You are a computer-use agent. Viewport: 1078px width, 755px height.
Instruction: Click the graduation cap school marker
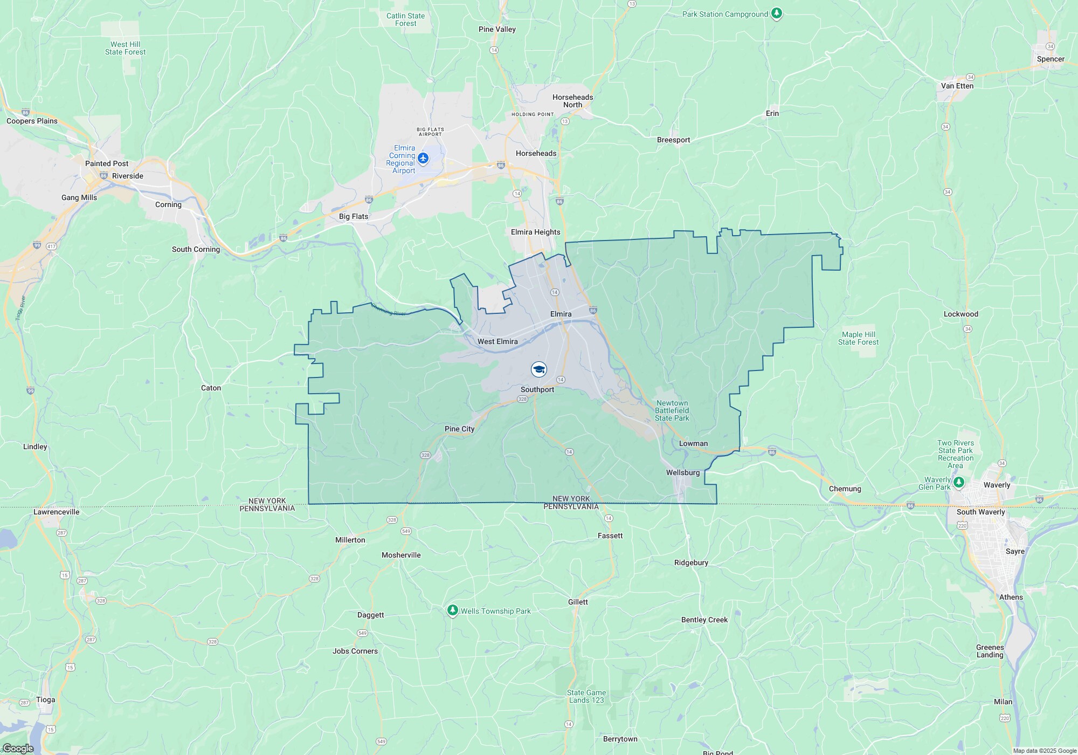point(538,369)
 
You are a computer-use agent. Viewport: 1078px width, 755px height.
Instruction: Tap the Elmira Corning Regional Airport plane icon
point(423,159)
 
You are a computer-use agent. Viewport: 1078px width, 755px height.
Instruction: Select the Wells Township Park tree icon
point(453,610)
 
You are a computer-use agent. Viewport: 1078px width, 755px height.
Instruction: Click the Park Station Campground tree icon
point(776,13)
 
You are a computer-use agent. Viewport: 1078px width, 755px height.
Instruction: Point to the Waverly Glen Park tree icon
point(958,482)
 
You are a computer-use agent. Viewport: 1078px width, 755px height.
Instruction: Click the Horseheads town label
point(536,153)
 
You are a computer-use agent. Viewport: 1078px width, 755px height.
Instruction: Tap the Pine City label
point(459,429)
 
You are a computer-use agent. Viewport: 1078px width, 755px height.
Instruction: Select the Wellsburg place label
point(682,472)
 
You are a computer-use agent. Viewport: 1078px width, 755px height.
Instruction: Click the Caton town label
point(211,388)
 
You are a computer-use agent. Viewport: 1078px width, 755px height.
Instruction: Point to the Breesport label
point(673,140)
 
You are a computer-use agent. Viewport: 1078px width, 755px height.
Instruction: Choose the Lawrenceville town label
point(56,512)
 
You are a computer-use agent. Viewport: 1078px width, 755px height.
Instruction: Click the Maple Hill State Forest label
point(858,338)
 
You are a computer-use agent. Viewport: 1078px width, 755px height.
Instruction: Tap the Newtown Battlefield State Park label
point(672,410)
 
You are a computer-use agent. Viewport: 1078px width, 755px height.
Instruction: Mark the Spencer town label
point(1050,59)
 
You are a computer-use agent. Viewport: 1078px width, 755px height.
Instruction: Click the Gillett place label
point(578,602)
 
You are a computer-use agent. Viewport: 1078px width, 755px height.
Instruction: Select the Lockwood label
point(960,314)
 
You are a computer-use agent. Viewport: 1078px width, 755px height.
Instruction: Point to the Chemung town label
point(845,489)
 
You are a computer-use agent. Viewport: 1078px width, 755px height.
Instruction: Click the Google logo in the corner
point(18,749)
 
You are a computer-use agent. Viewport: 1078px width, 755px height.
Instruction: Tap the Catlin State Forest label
point(405,19)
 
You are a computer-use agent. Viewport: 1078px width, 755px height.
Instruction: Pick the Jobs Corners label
point(355,651)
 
